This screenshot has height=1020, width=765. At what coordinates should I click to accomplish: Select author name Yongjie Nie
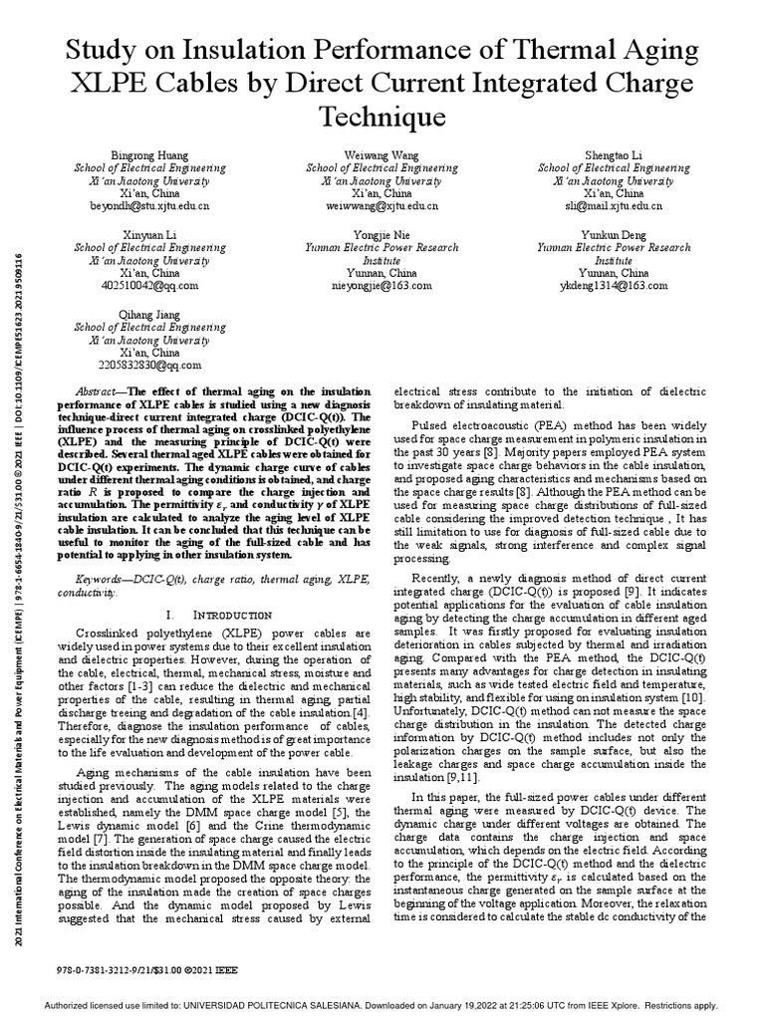point(382,234)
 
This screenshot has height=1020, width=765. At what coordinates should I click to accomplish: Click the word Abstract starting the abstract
point(101,393)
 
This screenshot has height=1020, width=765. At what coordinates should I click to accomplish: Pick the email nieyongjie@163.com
point(382,285)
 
